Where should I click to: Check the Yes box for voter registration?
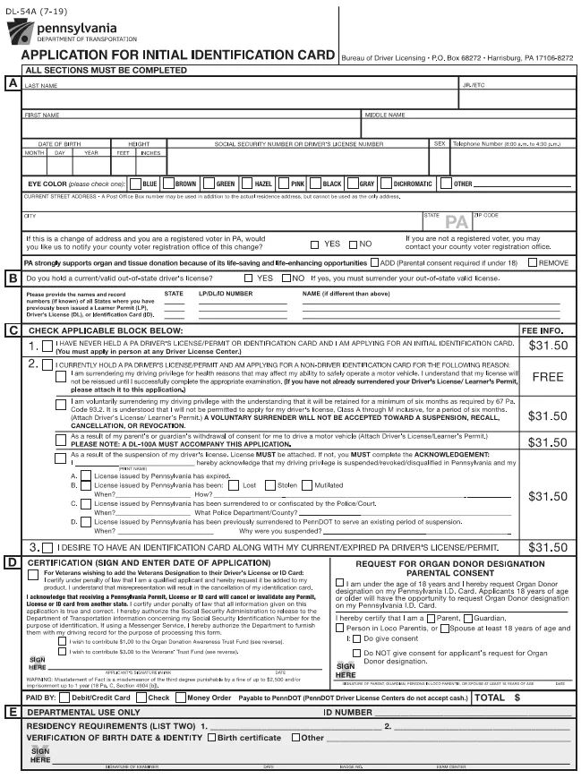(314, 244)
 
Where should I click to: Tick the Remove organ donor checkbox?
(533, 263)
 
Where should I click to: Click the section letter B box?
(13, 278)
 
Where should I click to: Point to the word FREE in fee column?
(547, 377)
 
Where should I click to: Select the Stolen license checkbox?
(271, 484)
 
